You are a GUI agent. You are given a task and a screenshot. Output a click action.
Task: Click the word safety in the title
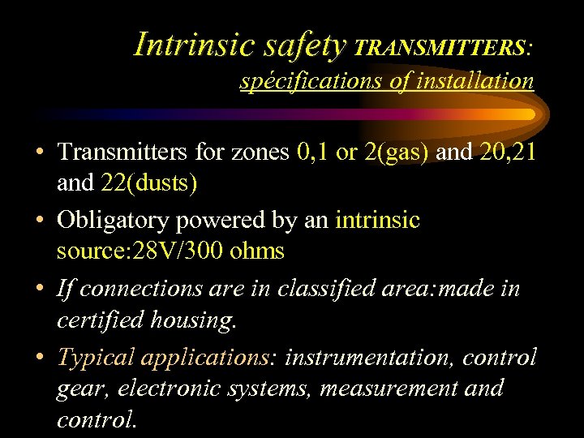click(x=303, y=44)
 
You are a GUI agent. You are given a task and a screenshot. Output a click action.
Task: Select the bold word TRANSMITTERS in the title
click(x=439, y=48)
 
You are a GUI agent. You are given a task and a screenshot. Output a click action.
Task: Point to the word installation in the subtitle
click(x=474, y=81)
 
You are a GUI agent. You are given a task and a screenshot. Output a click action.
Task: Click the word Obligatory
click(x=112, y=220)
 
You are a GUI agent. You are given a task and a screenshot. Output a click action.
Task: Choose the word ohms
click(x=257, y=251)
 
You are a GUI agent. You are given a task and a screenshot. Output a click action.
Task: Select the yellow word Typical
click(x=97, y=357)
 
